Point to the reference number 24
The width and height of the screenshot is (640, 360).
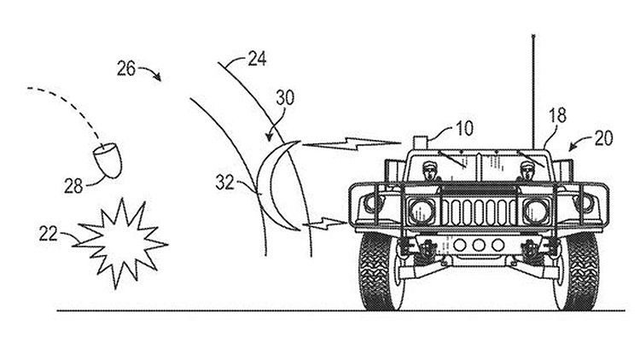pyautogui.click(x=256, y=61)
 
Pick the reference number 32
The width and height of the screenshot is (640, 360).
pyautogui.click(x=226, y=181)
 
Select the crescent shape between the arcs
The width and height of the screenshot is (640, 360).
pyautogui.click(x=276, y=187)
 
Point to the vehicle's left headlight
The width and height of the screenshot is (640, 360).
pyautogui.click(x=420, y=208)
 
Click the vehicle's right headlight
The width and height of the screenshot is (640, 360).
pyautogui.click(x=535, y=208)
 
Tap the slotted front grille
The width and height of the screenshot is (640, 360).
pyautogui.click(x=477, y=209)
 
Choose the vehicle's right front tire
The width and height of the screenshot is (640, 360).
pyautogui.click(x=574, y=271)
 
